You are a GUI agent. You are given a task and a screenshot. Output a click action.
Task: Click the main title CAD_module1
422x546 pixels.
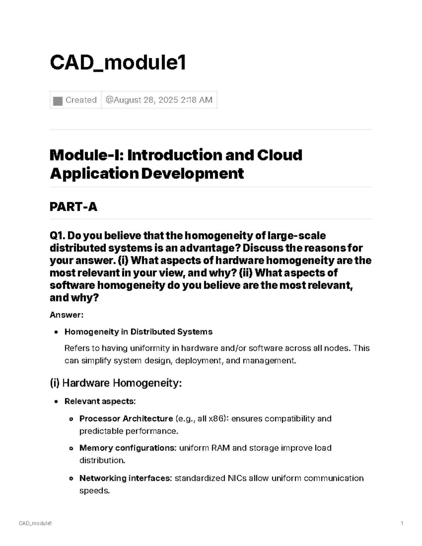pos(118,63)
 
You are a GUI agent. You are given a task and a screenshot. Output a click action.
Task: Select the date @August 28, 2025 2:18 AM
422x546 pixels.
pos(159,100)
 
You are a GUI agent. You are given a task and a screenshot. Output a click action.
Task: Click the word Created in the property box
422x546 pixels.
pos(81,100)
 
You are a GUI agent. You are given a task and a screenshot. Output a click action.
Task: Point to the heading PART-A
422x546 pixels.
pos(73,207)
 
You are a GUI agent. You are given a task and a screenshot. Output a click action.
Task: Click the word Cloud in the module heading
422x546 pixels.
pos(280,155)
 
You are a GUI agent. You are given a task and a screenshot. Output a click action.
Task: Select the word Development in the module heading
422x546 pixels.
pos(192,173)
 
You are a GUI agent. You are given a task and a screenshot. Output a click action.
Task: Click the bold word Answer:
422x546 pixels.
pos(66,315)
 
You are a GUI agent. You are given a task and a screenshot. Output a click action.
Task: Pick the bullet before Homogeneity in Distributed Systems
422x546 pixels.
pos(56,332)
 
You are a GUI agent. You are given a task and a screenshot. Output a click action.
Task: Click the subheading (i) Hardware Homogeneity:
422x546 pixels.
pos(116,383)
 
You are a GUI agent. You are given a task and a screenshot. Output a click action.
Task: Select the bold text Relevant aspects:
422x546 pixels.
pos(100,401)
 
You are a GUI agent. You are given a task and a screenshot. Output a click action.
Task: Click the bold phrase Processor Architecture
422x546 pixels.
pos(126,418)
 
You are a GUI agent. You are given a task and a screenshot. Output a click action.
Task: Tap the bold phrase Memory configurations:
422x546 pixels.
pos(128,448)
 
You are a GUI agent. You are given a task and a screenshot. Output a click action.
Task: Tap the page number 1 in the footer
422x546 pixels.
pos(402,523)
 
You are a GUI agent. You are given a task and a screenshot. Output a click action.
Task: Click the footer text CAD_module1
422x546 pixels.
pos(36,523)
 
